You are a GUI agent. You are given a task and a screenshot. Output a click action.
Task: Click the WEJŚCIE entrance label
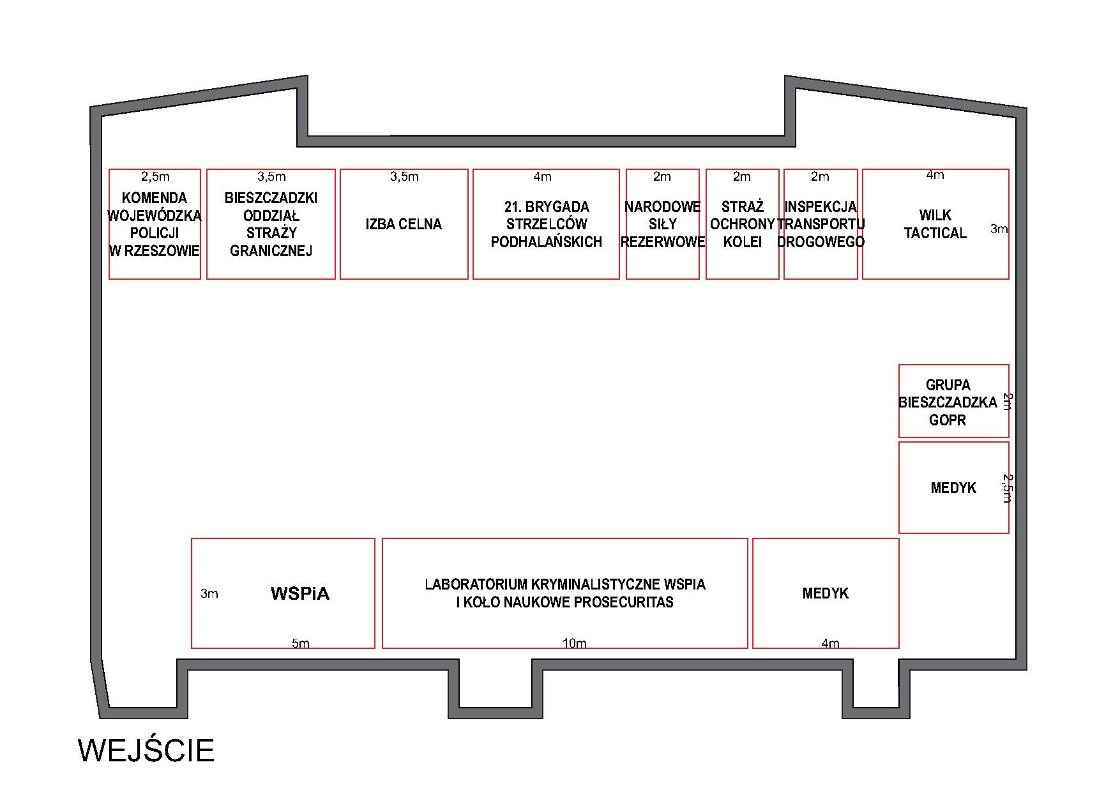coord(146,750)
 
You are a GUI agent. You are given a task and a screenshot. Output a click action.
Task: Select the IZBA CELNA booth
coord(404,224)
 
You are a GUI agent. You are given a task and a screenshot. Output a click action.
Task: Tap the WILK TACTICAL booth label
coord(935,224)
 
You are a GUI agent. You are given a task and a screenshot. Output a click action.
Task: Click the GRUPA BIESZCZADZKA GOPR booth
coord(954,401)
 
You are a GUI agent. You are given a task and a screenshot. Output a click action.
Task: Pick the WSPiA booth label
coord(300,593)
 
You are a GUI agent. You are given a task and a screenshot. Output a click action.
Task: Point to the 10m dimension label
coord(575,643)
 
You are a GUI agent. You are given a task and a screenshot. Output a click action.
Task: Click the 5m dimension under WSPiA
coord(301,643)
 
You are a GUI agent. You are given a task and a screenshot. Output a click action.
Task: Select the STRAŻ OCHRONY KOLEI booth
coord(743,224)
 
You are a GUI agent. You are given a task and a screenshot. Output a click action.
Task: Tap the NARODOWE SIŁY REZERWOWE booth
coord(663,224)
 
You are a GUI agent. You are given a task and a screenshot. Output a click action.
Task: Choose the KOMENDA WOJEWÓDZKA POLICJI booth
coord(155,224)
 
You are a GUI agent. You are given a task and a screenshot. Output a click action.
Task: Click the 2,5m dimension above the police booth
coord(155,176)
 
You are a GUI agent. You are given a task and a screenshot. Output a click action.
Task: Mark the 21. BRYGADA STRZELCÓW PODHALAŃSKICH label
coord(547,224)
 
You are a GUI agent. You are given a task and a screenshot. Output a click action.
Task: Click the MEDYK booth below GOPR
coord(954,487)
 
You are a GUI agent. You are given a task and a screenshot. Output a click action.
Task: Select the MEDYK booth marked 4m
coord(826,593)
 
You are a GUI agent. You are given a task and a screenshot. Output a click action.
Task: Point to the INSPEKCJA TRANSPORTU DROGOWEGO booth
coord(821,224)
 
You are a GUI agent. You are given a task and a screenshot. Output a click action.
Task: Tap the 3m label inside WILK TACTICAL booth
coord(999,229)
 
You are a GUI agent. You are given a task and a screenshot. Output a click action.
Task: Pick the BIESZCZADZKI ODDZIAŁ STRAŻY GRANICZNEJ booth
coord(271,224)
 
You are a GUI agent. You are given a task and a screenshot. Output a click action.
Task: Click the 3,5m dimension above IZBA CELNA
coord(404,176)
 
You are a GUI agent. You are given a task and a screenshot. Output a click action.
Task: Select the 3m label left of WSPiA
coord(209,593)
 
